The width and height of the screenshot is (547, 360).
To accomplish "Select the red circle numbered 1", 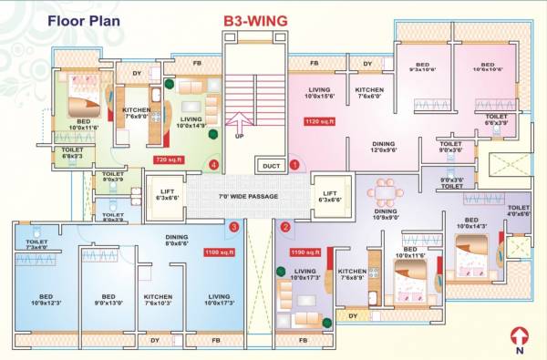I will (x=294, y=165).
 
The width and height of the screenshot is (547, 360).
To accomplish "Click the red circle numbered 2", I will (x=285, y=227).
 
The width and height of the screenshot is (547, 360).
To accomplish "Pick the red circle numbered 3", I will (x=234, y=227).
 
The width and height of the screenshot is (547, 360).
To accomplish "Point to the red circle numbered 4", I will (x=213, y=165).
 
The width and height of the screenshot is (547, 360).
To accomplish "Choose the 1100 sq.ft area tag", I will (x=219, y=252).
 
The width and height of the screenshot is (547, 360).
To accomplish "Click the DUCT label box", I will (x=271, y=166).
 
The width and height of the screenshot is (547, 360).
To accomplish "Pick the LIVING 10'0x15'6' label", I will (x=322, y=92).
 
